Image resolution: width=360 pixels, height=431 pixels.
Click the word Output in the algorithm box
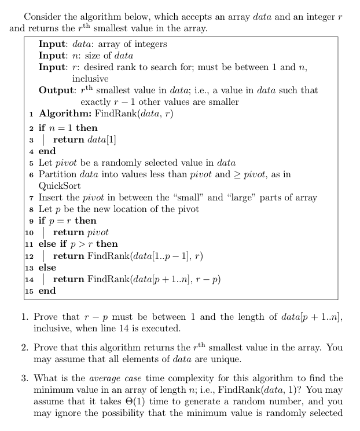[x=57, y=90]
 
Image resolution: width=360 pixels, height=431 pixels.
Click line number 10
[x=29, y=232]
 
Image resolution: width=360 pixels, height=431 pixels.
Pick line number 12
[x=29, y=256]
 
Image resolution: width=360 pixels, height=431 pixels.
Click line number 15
[x=29, y=291]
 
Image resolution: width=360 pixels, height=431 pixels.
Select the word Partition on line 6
[x=57, y=174]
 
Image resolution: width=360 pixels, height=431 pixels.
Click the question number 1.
[x=25, y=317]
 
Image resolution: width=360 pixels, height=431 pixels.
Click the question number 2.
[x=25, y=348]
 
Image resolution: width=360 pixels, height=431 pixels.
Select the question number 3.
[x=25, y=378]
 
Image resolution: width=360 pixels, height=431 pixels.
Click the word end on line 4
[x=47, y=151]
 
